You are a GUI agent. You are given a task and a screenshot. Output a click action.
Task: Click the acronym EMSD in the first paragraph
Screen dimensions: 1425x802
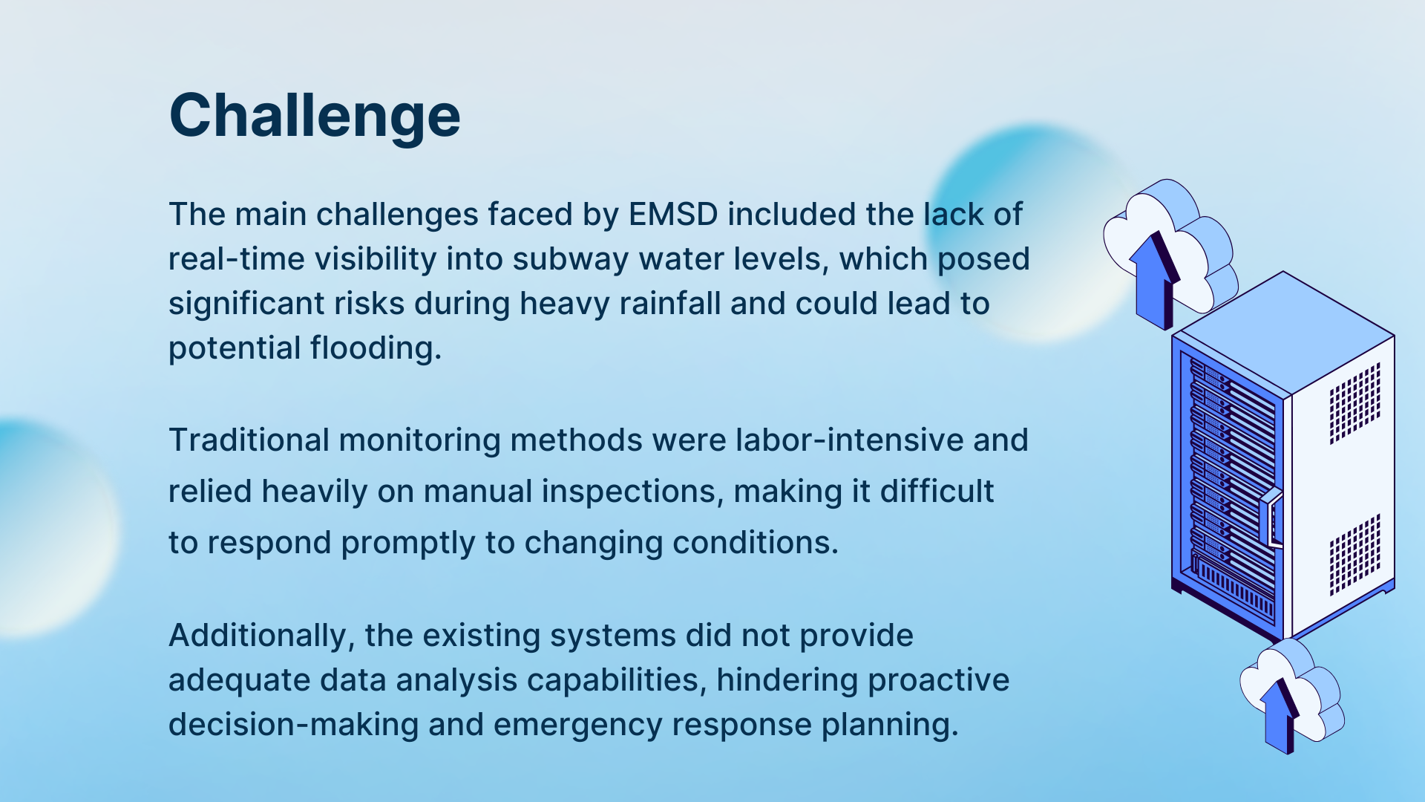pyautogui.click(x=673, y=215)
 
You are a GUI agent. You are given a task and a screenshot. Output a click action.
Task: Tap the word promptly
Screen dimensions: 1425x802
pyautogui.click(x=408, y=544)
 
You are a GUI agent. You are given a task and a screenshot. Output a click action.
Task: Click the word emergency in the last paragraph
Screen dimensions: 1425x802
pyautogui.click(x=578, y=726)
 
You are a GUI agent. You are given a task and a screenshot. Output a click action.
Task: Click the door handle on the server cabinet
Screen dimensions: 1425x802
pyautogui.click(x=1272, y=518)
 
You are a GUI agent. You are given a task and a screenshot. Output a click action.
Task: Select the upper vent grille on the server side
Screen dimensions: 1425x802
pyautogui.click(x=1354, y=403)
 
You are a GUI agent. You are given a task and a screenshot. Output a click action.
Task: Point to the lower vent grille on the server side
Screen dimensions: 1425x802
pyautogui.click(x=1354, y=555)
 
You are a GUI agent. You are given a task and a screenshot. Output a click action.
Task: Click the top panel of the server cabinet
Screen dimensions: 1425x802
pyautogui.click(x=1284, y=332)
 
